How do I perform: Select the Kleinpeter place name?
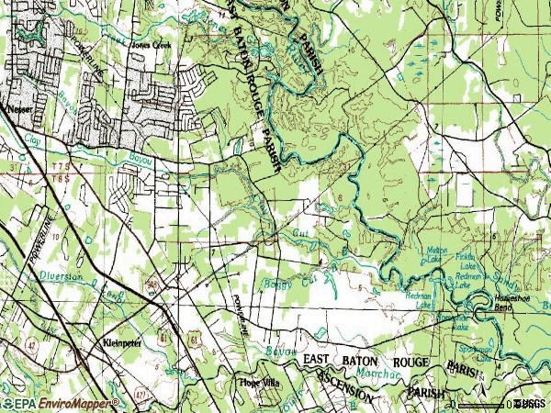tap(121, 341)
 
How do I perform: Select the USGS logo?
tap(531, 403)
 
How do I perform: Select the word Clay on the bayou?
tap(34, 142)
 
